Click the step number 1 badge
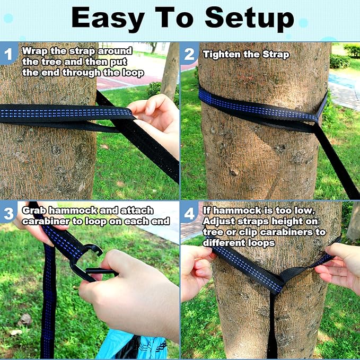8,53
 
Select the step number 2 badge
189,53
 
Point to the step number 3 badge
8,213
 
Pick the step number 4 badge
189,213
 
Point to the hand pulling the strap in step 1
156,119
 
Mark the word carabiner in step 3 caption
46,221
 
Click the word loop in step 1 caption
132,73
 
